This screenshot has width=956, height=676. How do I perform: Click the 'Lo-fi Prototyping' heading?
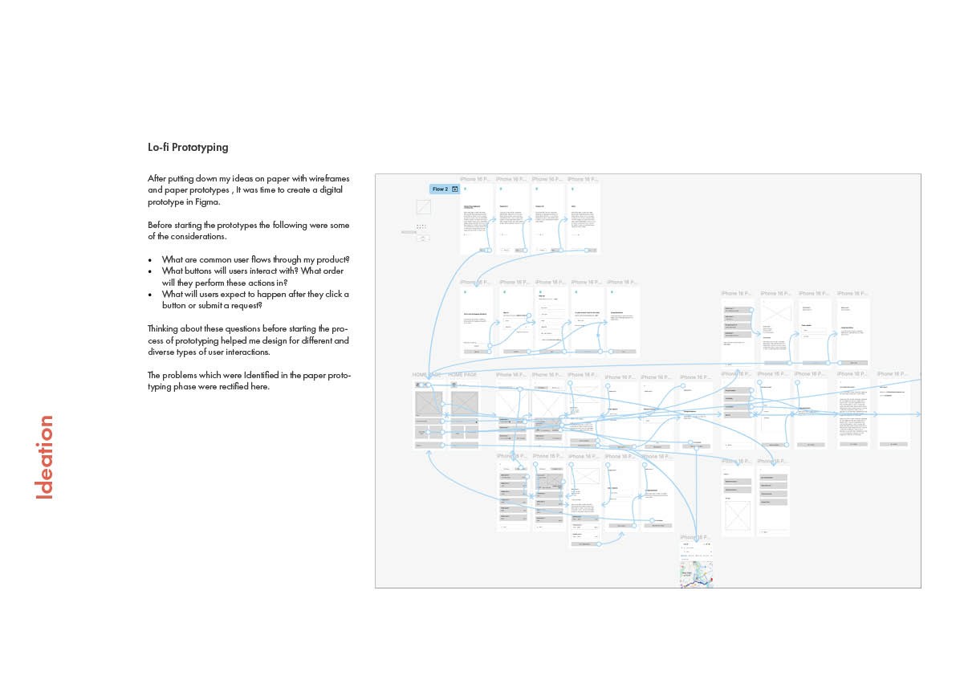point(188,148)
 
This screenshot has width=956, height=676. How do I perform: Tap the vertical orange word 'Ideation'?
point(46,457)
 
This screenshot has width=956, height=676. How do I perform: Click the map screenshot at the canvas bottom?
point(697,572)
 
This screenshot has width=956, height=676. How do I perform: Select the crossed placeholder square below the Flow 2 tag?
point(423,207)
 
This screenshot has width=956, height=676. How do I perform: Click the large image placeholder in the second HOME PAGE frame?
point(464,403)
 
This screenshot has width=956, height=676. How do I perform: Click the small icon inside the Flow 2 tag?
point(455,189)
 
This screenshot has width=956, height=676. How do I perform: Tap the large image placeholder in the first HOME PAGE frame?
point(429,403)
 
